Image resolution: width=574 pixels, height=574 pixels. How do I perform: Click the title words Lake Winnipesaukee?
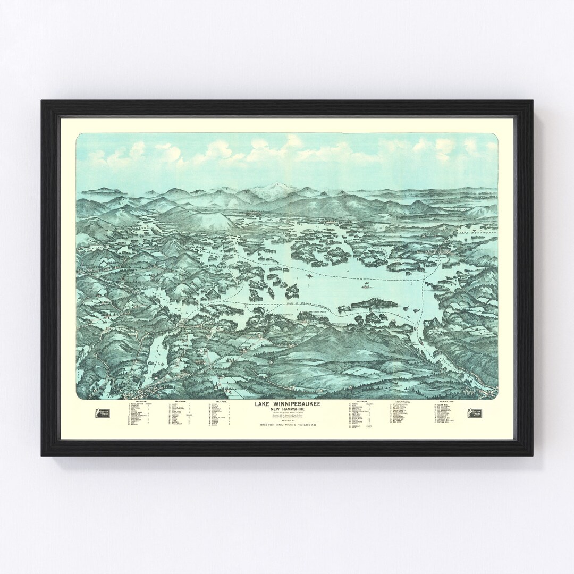click(x=287, y=404)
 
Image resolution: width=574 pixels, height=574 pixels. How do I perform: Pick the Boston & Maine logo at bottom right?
click(x=475, y=413)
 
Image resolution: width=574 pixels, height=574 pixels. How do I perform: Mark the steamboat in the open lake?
click(x=367, y=285)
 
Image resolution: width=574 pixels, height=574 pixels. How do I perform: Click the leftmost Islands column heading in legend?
click(x=141, y=402)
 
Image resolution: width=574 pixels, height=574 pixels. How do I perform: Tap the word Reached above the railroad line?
click(x=287, y=420)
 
